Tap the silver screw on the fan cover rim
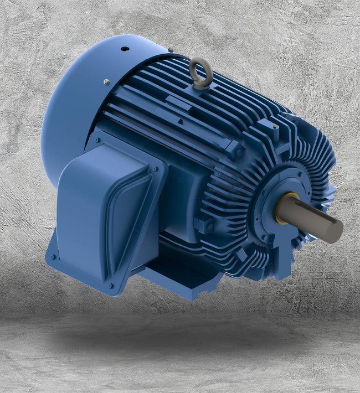(106, 82)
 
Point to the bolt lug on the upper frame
(235, 148)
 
